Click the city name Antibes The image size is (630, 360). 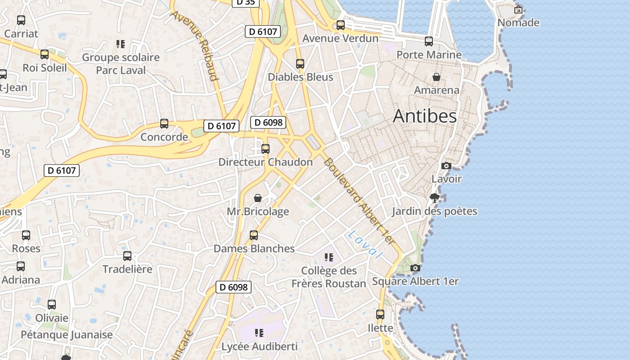pyautogui.click(x=425, y=116)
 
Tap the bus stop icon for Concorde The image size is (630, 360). pyautogui.click(x=164, y=124)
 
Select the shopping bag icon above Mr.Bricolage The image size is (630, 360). pyautogui.click(x=258, y=198)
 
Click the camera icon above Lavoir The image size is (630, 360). pyautogui.click(x=446, y=166)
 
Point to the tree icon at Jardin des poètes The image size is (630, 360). pyautogui.click(x=434, y=198)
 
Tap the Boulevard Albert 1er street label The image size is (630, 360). pyautogui.click(x=359, y=201)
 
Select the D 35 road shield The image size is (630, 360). pyautogui.click(x=245, y=2)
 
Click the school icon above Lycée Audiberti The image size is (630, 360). pyautogui.click(x=259, y=333)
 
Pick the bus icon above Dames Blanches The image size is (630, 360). pyautogui.click(x=254, y=235)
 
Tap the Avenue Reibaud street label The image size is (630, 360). pyautogui.click(x=194, y=45)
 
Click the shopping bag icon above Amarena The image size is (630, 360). pyautogui.click(x=436, y=77)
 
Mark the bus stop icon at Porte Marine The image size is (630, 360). pyautogui.click(x=429, y=41)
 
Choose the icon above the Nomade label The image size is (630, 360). pyautogui.click(x=518, y=9)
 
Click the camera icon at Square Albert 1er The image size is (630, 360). pyautogui.click(x=415, y=268)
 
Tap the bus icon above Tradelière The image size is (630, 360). pyautogui.click(x=127, y=256)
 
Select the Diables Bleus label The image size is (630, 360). pyautogui.click(x=301, y=77)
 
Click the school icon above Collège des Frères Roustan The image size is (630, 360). pyautogui.click(x=329, y=257)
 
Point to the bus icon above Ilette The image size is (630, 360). pyautogui.click(x=380, y=315)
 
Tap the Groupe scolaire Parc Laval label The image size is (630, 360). pyautogui.click(x=121, y=64)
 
